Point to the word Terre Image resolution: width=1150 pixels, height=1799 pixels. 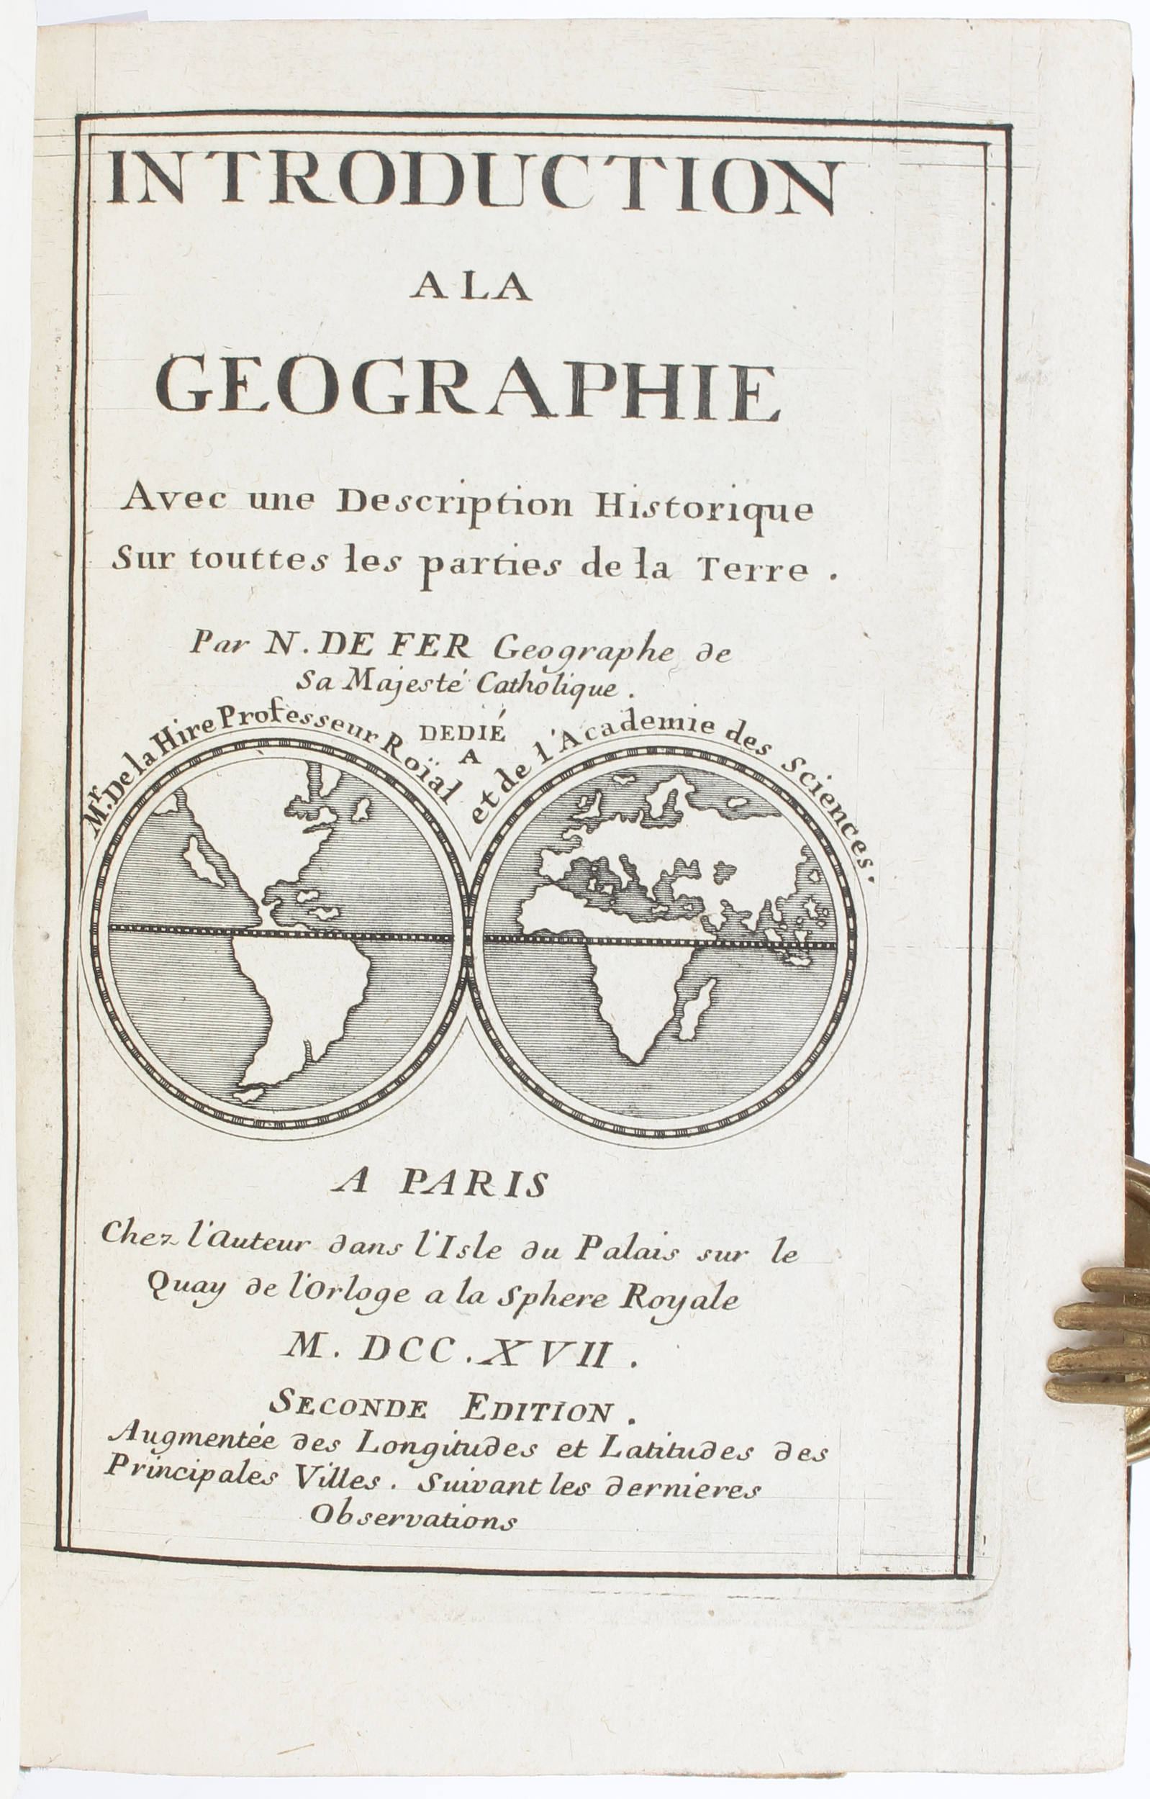point(769,571)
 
